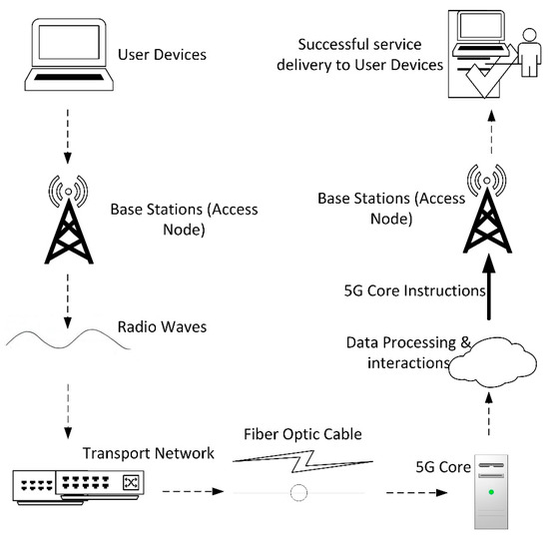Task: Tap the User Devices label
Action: point(162,54)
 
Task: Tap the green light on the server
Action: point(490,492)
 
